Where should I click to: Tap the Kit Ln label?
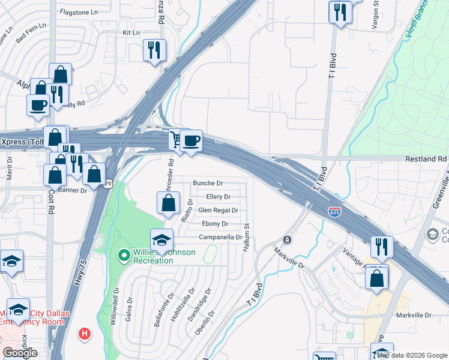click(130, 32)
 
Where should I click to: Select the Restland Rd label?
click(430, 159)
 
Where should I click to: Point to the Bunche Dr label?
click(208, 183)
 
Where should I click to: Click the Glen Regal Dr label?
click(218, 211)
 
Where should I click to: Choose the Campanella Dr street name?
click(220, 238)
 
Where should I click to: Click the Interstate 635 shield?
click(336, 212)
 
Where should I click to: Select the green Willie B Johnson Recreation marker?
click(124, 256)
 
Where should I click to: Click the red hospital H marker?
click(85, 333)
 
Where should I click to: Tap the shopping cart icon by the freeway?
click(175, 140)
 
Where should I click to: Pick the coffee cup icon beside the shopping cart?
click(191, 141)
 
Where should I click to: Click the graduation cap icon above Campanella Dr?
click(161, 240)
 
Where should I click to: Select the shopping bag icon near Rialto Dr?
click(169, 203)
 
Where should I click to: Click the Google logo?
click(20, 353)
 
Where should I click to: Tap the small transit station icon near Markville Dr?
click(288, 240)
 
